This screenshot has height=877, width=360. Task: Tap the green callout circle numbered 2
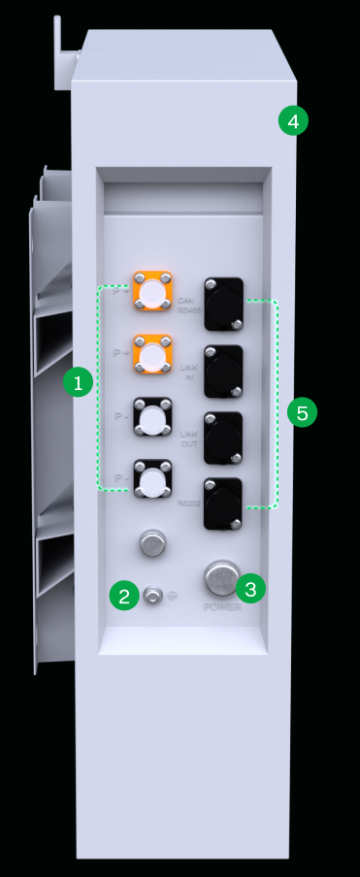[124, 596]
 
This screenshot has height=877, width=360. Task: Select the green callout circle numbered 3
[250, 588]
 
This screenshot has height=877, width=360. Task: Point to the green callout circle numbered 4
[293, 120]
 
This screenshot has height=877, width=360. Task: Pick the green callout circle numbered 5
[303, 413]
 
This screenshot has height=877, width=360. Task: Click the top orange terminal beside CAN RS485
[152, 291]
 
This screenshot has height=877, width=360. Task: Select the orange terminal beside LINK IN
[152, 355]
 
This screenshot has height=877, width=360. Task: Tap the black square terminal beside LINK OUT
[152, 419]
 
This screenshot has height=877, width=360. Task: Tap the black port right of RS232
[224, 502]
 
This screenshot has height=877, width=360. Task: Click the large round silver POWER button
[221, 580]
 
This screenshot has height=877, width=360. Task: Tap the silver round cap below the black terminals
[152, 543]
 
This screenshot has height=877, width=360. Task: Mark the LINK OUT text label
[188, 438]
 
